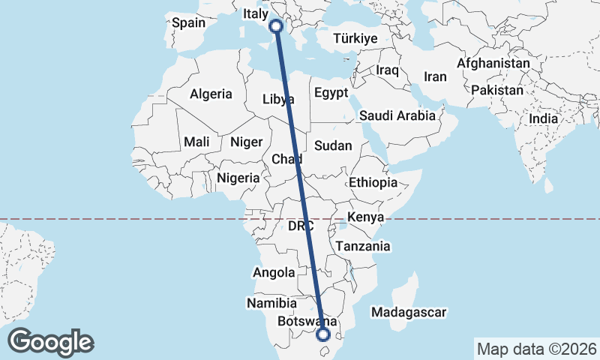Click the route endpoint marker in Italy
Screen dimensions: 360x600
[x=276, y=25]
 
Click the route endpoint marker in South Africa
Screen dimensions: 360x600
[x=324, y=335]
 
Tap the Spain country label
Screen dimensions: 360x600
[x=188, y=22]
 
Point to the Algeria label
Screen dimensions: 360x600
[x=211, y=94]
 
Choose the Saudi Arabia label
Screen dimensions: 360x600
[x=397, y=115]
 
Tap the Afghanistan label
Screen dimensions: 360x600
[x=493, y=64]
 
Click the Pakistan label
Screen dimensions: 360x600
[x=497, y=90]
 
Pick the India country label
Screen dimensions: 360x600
[x=543, y=118]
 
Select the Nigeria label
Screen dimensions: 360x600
[x=238, y=178]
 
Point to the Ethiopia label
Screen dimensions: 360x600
[x=372, y=182]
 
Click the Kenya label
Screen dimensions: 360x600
[x=365, y=217]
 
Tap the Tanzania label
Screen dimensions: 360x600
[x=363, y=246]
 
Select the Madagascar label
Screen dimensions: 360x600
[x=409, y=312]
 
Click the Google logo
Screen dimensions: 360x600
[x=50, y=341]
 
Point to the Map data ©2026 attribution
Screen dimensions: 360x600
[x=536, y=349]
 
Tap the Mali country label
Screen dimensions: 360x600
[x=196, y=142]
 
